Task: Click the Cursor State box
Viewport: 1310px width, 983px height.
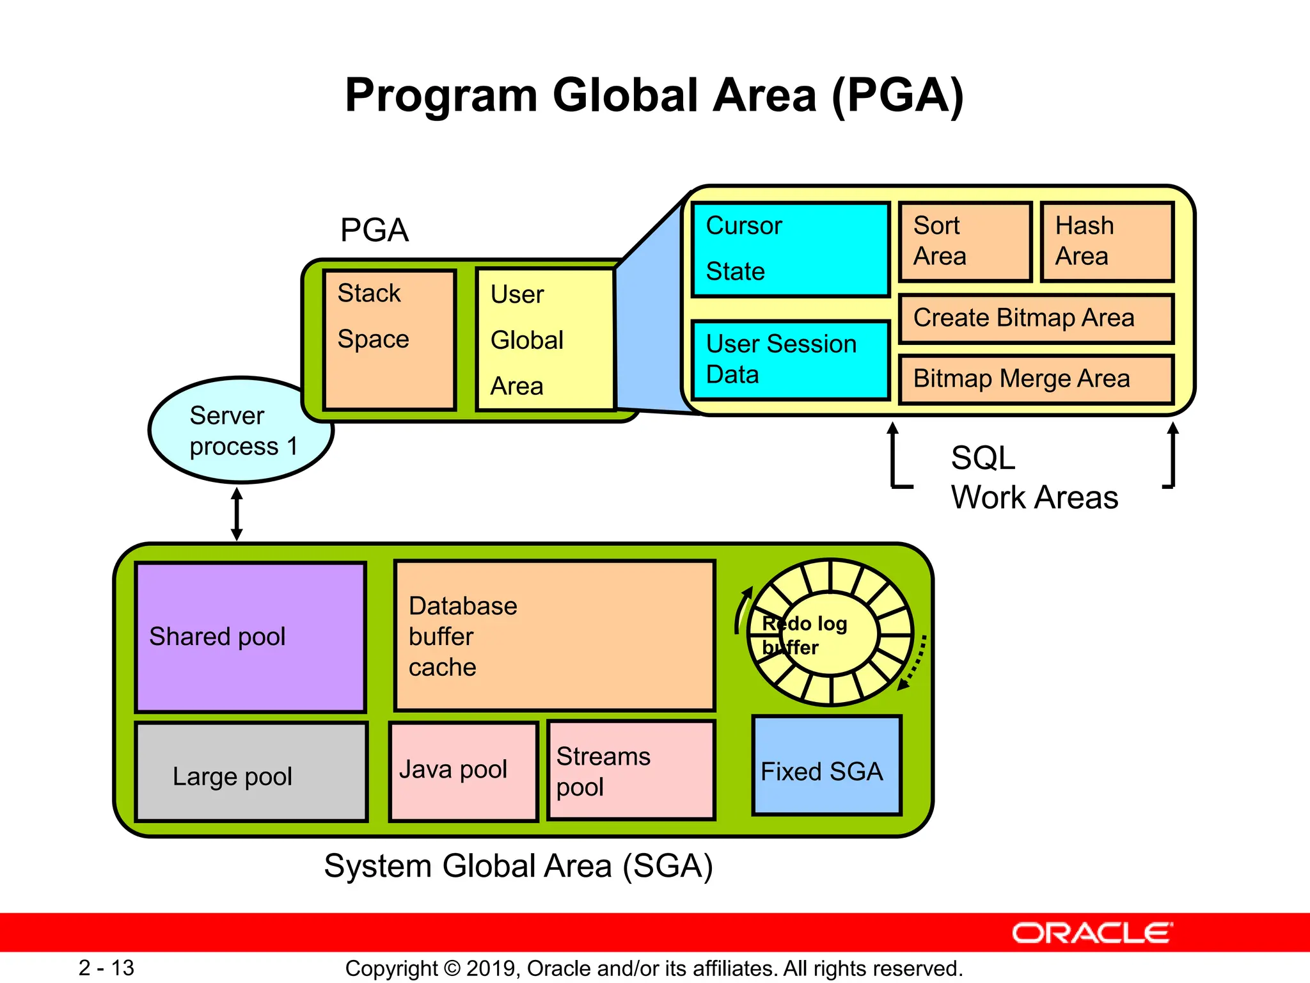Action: pos(791,250)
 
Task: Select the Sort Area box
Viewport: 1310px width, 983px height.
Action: pos(965,242)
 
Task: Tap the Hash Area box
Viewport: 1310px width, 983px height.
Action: pos(1107,242)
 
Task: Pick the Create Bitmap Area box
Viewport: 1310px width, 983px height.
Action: pos(1036,319)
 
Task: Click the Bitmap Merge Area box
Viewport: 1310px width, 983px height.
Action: pos(1036,379)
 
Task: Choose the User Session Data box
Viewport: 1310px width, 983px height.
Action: pos(791,360)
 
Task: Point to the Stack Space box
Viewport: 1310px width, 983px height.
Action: pos(389,339)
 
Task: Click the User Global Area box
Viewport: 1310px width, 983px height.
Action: pos(546,339)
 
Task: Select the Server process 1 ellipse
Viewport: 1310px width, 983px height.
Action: pos(241,430)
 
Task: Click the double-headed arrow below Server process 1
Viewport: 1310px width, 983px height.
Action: pos(237,514)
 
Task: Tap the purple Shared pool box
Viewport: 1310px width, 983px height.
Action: pos(251,637)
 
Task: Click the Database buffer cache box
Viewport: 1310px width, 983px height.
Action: pos(554,635)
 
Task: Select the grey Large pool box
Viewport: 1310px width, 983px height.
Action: pos(251,772)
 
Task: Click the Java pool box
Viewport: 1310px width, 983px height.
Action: pos(463,771)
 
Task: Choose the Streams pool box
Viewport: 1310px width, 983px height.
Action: pos(631,770)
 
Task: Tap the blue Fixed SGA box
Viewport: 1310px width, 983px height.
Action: pos(826,766)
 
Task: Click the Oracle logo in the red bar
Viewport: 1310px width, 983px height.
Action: pos(1092,933)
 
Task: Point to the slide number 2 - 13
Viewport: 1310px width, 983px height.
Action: pos(106,968)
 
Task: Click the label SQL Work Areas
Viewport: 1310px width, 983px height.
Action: pos(1033,477)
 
